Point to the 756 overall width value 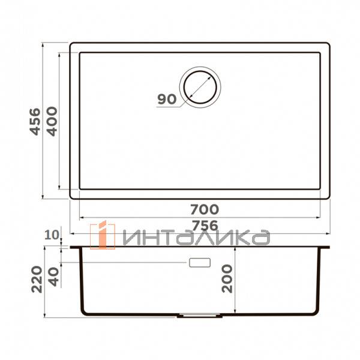(x=205, y=225)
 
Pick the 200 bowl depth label (x=227, y=278)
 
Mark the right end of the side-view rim (x=329, y=247)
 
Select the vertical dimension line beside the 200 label (x=236, y=279)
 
